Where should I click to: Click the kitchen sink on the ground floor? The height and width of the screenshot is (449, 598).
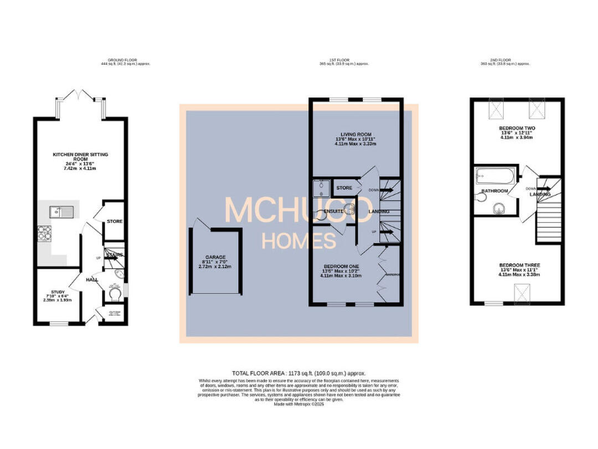coord(56,211)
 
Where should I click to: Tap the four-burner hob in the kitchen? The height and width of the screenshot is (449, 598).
coord(44,233)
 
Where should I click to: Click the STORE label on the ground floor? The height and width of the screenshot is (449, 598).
coord(115,222)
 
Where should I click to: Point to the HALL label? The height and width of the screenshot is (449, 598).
coord(92,278)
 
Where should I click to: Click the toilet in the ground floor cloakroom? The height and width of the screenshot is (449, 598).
coord(117,274)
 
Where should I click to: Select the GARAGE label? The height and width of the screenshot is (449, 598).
coord(216,256)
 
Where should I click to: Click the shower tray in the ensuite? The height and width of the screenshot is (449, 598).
coord(321,189)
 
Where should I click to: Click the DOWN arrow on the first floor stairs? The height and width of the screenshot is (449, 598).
coord(374,189)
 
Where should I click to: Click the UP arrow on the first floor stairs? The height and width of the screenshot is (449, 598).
coord(374,232)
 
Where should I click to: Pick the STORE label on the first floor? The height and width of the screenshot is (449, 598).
coord(344,188)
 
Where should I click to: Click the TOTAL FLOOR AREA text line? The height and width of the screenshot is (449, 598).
coord(298,373)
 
